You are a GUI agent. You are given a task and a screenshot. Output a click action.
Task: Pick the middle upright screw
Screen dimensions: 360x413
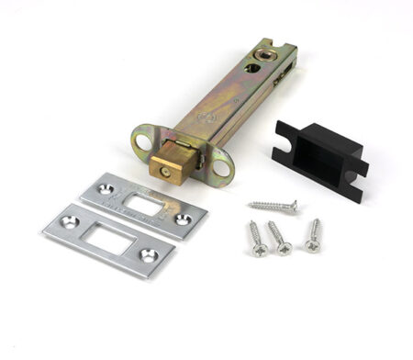pos(279,237)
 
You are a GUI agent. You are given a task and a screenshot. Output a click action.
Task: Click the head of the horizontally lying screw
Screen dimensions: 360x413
pos(293,207)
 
